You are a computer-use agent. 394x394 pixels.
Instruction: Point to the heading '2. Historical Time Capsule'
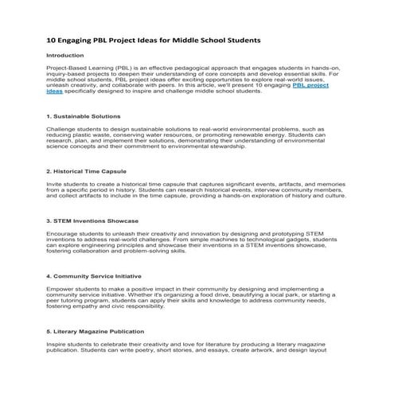[86, 171]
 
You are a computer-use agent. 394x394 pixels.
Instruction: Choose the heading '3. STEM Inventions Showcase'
[93, 220]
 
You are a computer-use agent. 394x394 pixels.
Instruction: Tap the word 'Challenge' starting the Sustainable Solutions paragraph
[62, 129]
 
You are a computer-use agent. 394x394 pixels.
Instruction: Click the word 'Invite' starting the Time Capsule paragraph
[55, 184]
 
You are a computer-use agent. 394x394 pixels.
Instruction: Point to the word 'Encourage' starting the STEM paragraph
[64, 234]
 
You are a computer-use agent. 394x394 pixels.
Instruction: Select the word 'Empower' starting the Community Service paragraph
[61, 289]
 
